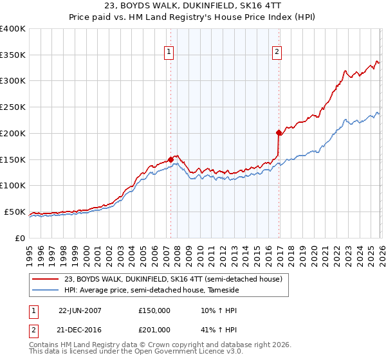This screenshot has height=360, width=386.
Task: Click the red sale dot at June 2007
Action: tap(170, 159)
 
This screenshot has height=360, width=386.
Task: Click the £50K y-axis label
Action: tap(14, 212)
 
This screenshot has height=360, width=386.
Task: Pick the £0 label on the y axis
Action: tap(21, 238)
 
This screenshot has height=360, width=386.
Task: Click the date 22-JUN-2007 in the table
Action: tap(80, 310)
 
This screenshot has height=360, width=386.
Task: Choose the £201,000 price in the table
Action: tap(154, 330)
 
